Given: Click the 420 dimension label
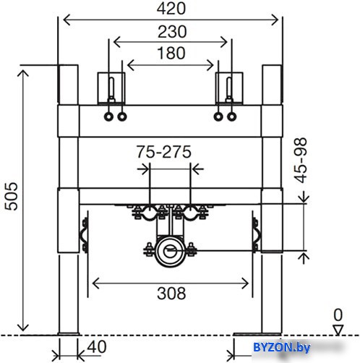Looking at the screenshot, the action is pos(171,9).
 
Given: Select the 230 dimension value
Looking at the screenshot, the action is pos(172,31).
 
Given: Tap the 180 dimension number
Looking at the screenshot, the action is pos(171,53).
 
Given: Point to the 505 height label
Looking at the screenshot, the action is pos(12,197).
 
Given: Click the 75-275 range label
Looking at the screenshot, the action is pos(164,152).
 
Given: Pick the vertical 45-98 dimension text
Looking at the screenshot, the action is pos(301,161).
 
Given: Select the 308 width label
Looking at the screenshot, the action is pos(171,294).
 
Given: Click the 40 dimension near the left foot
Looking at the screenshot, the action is pos(97,347).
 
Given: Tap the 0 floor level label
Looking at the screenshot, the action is pos(338,315).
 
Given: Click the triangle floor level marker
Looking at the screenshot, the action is pos(338,330).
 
